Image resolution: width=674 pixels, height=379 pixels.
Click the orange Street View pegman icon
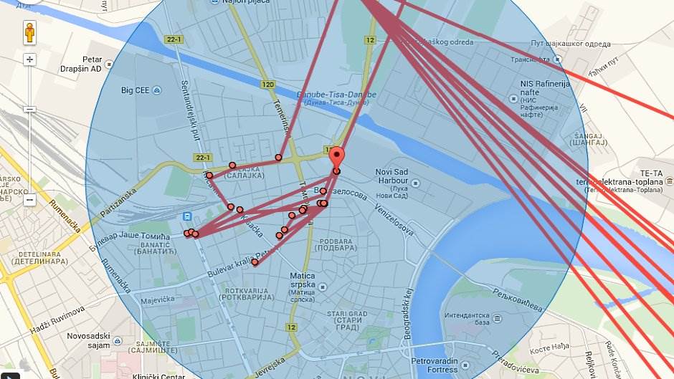29,34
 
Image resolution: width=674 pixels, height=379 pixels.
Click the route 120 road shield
268,85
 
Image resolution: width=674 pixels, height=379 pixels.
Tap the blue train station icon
186,217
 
